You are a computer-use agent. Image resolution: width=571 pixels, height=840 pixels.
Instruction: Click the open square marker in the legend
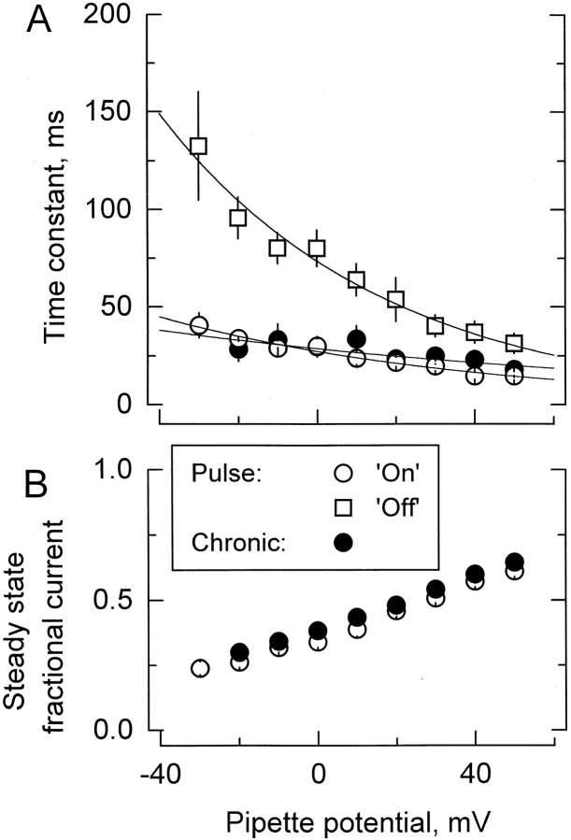[x=361, y=510]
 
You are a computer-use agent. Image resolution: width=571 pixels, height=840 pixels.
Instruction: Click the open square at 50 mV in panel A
[x=514, y=344]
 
